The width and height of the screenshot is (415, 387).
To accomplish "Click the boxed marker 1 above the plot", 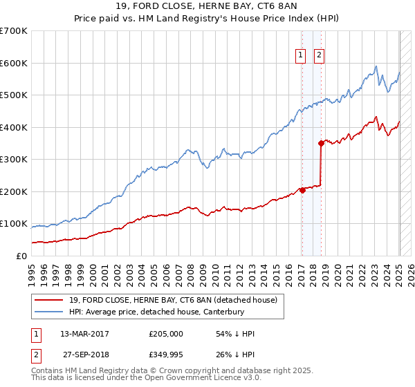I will pos(302,57).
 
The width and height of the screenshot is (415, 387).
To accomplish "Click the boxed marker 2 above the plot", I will pos(320,57).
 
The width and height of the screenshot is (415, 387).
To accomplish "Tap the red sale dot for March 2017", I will pos(302,190).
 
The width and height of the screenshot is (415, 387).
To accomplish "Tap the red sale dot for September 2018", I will pos(321,144).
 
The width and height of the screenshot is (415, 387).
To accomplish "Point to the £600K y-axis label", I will pos(14,63).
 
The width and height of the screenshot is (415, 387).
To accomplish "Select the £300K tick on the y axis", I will pos(14,160).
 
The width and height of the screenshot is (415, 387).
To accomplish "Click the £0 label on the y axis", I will pos(21,256).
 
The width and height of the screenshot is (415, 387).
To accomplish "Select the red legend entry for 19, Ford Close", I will pos(173,300).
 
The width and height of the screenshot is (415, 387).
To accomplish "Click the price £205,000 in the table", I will pos(166,334).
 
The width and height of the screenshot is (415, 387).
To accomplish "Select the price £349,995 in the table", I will pos(166,356).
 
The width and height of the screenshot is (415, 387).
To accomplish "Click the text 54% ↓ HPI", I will pos(235,334).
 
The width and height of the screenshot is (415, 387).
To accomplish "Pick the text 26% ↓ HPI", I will pos(235,356).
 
